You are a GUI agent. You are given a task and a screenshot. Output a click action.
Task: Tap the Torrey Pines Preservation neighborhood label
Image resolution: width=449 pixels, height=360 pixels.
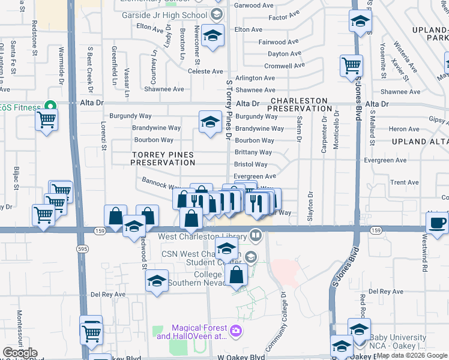tap(163, 158)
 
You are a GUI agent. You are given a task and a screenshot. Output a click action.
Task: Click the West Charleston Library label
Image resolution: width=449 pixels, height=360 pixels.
tap(203, 236)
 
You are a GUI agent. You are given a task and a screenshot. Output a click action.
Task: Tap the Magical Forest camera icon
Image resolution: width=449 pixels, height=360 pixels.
tap(235, 330)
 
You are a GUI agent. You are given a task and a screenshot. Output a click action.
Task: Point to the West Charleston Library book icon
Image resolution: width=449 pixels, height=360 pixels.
tap(256, 235)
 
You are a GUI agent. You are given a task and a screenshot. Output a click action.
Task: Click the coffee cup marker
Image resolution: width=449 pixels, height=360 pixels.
tap(437, 222)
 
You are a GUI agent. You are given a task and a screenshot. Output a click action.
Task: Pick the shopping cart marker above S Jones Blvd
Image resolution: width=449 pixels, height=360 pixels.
tap(351, 65)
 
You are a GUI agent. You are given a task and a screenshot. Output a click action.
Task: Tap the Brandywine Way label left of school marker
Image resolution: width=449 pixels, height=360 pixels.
tap(157, 128)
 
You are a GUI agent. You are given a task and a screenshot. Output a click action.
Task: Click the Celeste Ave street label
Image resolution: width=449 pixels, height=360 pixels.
tap(205, 71)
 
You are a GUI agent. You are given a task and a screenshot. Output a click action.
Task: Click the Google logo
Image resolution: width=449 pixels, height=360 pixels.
tap(20, 353)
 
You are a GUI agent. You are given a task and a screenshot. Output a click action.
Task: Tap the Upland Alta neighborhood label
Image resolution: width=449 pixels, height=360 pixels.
tap(420, 140)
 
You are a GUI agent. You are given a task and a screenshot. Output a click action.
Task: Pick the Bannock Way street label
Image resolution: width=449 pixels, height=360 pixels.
tap(161, 181)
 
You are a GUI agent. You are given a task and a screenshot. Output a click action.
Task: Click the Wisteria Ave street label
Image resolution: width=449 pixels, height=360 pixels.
tap(405, 55)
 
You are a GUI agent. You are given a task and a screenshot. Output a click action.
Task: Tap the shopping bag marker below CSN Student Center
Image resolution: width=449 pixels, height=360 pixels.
tap(238, 275)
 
